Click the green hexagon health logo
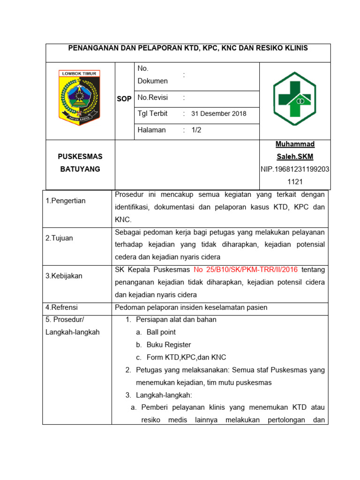point(295,99)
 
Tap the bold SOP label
point(124,99)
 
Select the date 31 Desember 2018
point(219,114)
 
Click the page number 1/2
point(196,130)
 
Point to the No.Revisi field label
point(153,97)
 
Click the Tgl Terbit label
point(152,114)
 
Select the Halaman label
point(152,130)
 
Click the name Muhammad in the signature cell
point(295,144)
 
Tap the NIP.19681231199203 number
point(295,169)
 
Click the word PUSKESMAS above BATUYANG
point(80,157)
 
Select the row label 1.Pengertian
point(66,201)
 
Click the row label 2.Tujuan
point(60,238)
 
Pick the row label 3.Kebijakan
point(64,276)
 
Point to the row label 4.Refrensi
point(61,307)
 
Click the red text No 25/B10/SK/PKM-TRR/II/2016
point(245,270)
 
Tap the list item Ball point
point(161,332)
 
